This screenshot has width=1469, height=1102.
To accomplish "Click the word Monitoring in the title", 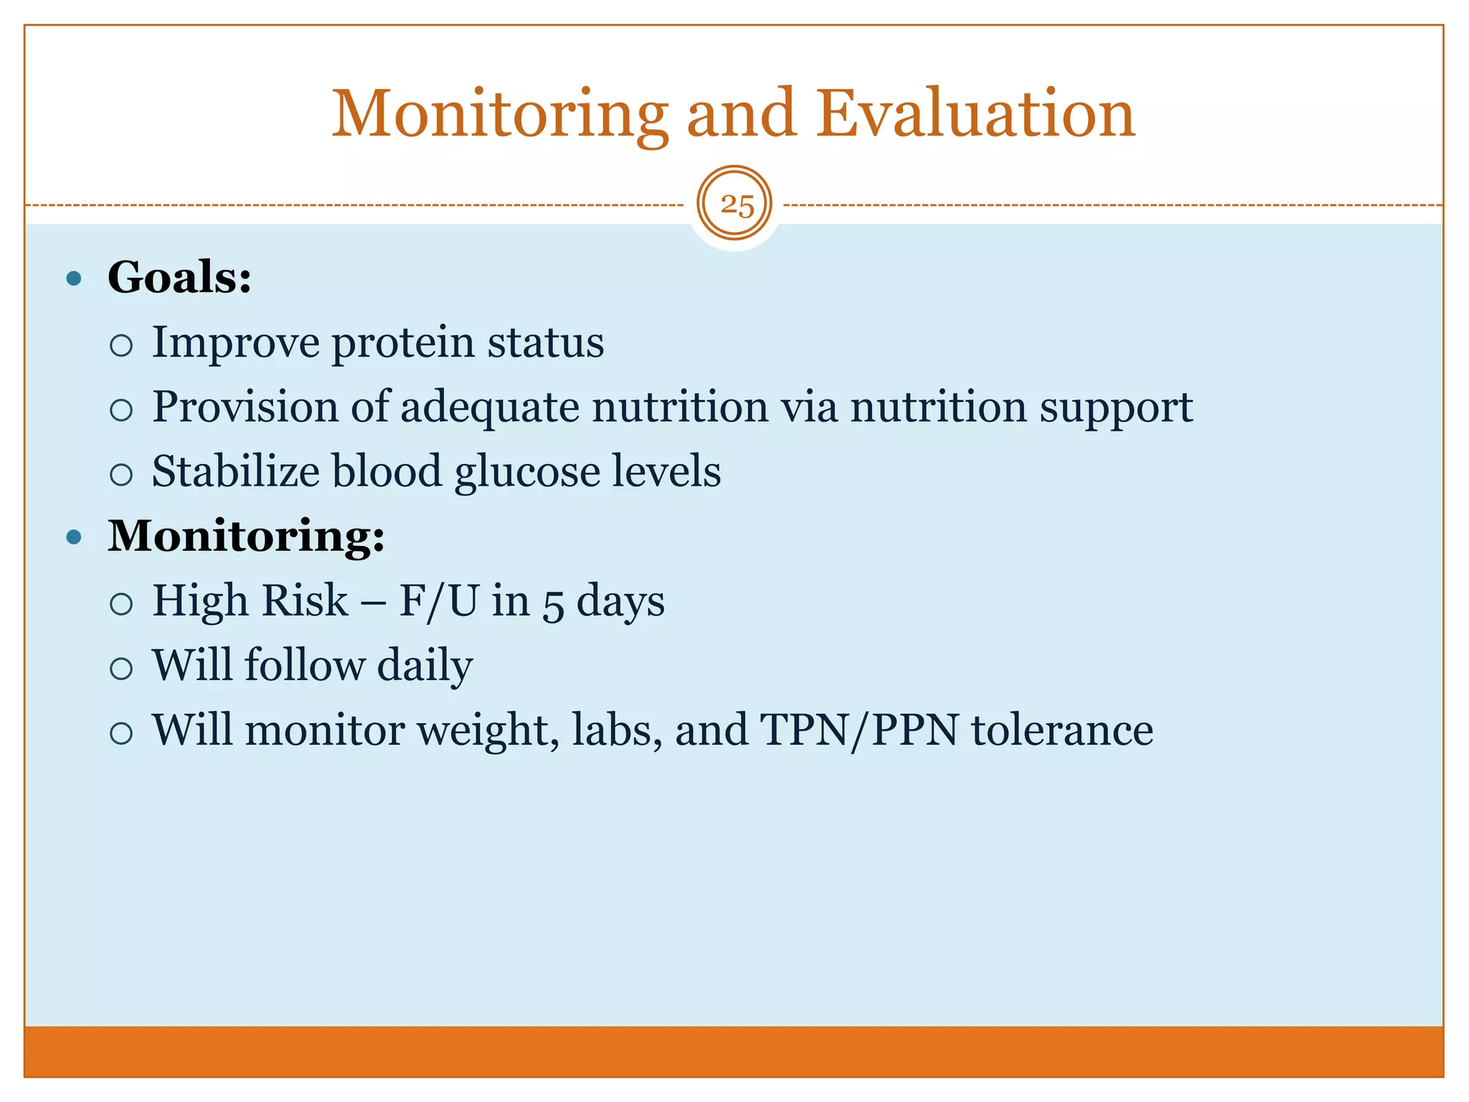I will point(499,115).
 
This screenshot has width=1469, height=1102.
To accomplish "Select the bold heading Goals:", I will point(179,278).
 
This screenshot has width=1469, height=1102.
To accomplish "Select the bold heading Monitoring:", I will point(246,536).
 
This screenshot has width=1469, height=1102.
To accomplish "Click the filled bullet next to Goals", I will point(74,278).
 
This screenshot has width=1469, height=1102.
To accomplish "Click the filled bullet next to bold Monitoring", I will point(74,537).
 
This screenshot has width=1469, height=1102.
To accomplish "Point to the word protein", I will point(402,343).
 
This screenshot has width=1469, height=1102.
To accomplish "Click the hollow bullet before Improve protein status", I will point(122,346).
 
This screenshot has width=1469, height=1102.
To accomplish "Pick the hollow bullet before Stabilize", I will point(122,475).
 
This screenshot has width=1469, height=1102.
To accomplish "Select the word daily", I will point(425,666).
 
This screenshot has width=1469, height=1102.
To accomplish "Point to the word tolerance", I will point(1062,730).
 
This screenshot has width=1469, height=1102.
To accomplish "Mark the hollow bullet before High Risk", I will point(122,604).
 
